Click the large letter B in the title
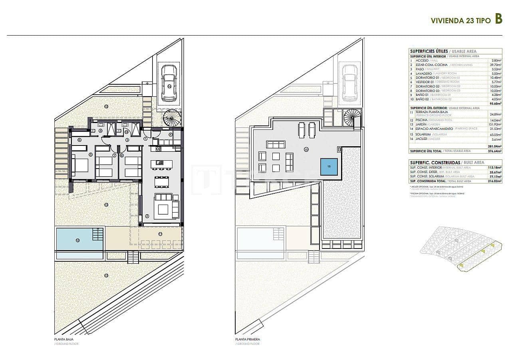click(498, 19)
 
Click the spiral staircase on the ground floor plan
click(172, 119)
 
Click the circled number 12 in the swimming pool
click(77, 240)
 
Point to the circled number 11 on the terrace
click(160, 234)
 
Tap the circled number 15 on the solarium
click(306, 149)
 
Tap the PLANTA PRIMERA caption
click(248, 339)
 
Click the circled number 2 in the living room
click(147, 216)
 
